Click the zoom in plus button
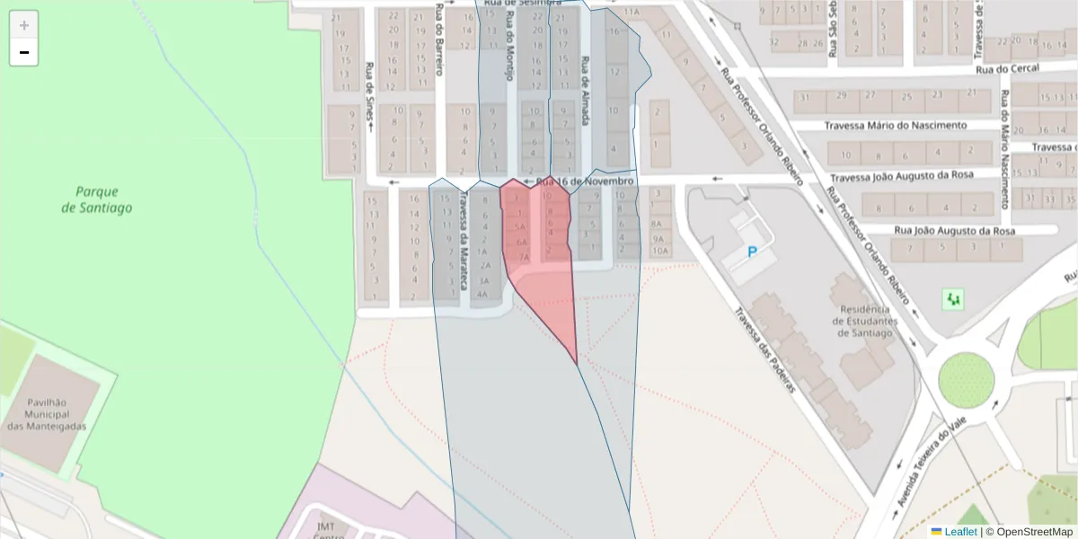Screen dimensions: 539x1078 24,25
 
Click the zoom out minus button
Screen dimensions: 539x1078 24,52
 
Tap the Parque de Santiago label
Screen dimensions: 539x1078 97,199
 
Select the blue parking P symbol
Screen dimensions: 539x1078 752,253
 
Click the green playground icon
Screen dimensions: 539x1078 953,298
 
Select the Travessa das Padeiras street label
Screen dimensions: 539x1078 765,350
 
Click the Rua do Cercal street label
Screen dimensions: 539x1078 1007,68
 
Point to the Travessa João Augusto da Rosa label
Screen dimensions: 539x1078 914,179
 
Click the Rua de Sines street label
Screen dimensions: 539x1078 368,89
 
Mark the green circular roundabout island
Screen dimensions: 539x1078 966,380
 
